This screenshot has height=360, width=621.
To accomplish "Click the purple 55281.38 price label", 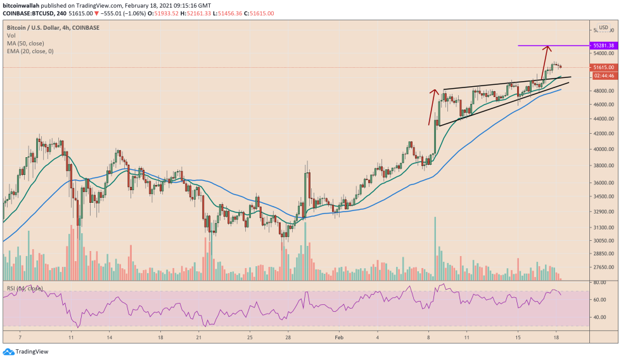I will point(603,46).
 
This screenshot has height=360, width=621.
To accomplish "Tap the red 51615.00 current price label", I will point(603,67).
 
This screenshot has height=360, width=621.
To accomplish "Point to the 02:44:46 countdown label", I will point(603,75).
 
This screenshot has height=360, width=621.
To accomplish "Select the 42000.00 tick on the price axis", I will point(603,134).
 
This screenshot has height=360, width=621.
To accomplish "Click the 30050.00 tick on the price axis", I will point(603,241).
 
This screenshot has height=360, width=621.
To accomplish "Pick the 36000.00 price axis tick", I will point(603,183).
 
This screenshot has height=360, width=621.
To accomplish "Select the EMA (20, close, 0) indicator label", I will point(30,51).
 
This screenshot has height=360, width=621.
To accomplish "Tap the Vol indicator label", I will point(11,36).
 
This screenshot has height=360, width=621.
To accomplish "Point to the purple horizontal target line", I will point(552,46).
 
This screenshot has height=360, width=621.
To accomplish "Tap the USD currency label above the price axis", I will point(603,28).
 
